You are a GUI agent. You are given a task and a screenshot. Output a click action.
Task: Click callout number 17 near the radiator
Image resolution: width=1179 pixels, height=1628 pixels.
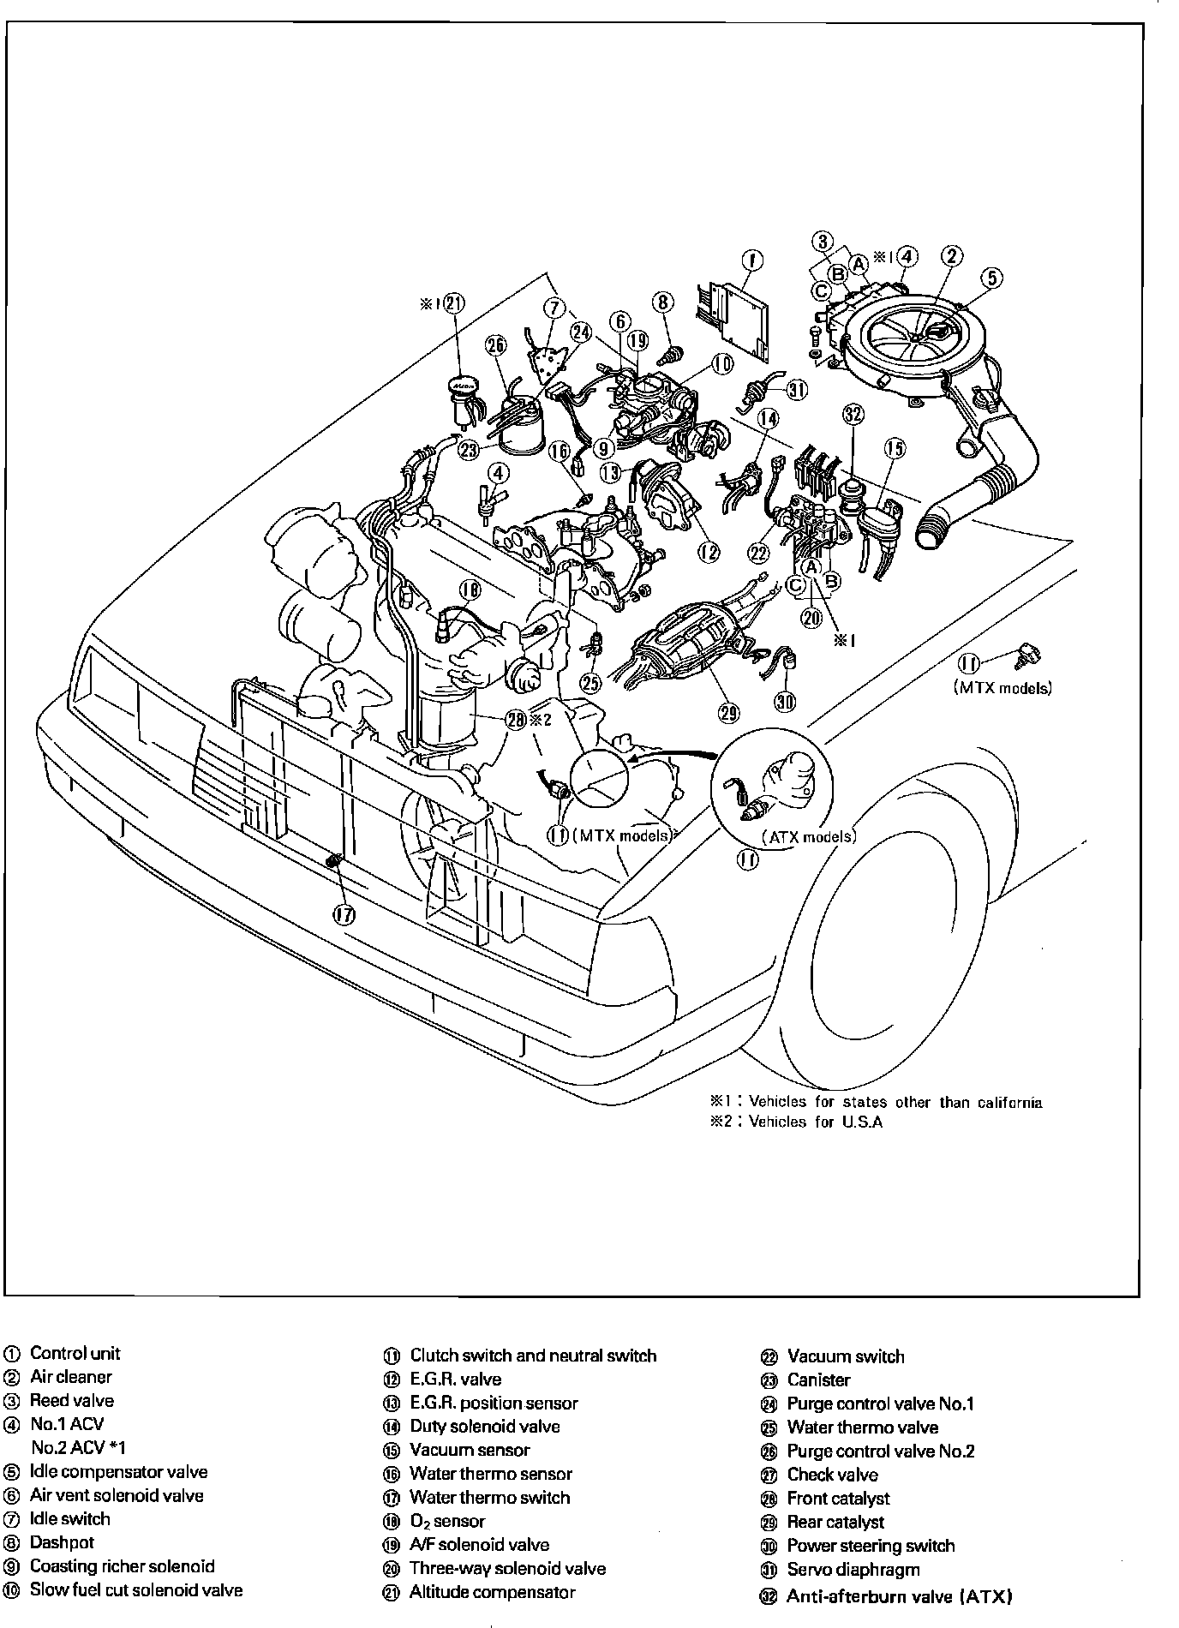click(x=344, y=915)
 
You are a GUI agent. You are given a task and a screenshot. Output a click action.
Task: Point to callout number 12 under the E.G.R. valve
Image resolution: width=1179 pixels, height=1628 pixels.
click(x=709, y=552)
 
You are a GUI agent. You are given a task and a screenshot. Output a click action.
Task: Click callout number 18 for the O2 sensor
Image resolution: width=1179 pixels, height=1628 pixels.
click(x=470, y=590)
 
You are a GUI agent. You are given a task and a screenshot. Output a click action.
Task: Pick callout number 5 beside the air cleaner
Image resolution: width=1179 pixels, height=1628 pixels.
click(x=991, y=277)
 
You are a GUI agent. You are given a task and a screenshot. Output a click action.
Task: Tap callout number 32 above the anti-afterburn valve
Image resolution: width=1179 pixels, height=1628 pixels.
click(x=853, y=416)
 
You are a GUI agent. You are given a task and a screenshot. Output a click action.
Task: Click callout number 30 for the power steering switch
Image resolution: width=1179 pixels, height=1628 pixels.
click(x=785, y=702)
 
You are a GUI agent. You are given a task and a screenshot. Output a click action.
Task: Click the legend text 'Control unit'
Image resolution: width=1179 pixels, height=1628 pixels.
click(x=75, y=1354)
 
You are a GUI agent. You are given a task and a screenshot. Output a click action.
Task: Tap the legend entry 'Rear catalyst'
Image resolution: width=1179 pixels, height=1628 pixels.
click(x=835, y=1522)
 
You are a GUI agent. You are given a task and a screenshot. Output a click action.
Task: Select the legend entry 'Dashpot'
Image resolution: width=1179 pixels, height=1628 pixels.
click(x=62, y=1542)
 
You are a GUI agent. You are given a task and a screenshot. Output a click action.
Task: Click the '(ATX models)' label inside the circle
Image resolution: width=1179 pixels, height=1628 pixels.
click(x=809, y=837)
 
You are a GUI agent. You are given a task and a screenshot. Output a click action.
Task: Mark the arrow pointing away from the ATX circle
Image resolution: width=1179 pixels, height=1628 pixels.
click(x=670, y=757)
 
